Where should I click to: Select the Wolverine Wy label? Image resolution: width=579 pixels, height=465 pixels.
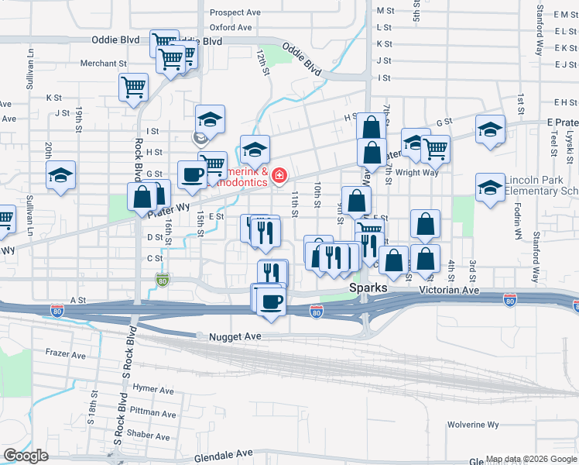(472, 425)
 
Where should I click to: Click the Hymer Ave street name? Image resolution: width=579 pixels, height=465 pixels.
(152, 390)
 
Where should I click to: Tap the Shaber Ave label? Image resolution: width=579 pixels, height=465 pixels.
(147, 435)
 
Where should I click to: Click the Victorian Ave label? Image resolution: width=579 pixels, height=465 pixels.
(449, 290)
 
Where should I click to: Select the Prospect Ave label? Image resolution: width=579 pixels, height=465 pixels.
(235, 12)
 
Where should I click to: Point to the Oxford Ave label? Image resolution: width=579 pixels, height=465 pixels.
(231, 27)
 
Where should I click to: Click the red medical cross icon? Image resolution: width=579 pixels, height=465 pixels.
(278, 178)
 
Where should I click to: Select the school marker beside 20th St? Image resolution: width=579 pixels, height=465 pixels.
(60, 175)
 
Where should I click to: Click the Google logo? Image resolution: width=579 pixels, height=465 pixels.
(26, 456)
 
